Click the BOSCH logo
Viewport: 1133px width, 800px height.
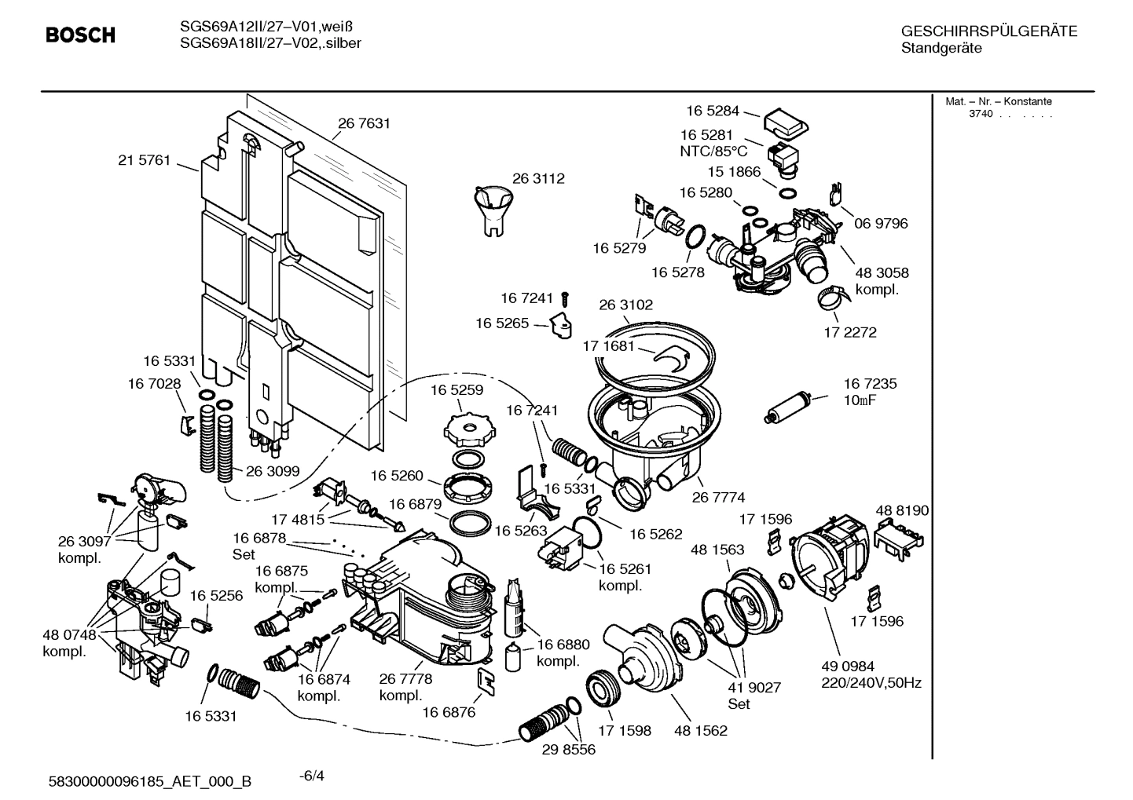tap(80, 35)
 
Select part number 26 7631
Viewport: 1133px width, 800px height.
tap(364, 123)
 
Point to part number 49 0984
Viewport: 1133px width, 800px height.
tap(848, 667)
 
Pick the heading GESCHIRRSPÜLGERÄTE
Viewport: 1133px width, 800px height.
tap(988, 31)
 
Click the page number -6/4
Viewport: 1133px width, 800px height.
tap(312, 776)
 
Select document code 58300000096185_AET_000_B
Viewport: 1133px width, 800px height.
tap(150, 781)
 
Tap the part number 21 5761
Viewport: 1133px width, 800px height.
tap(144, 160)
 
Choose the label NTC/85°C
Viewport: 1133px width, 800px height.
tap(713, 152)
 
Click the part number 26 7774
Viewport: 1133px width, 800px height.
tap(718, 497)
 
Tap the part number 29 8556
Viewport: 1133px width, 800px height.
tap(568, 750)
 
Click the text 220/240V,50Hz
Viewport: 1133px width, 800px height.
tap(871, 683)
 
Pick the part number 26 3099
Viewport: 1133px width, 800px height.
tap(273, 471)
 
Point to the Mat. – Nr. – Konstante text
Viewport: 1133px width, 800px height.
tap(998, 101)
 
